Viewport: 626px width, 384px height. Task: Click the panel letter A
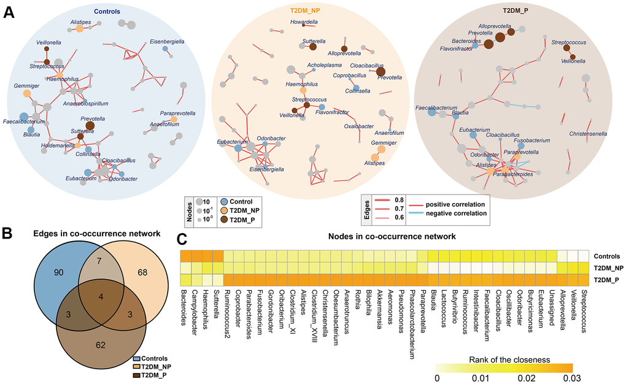[9, 11]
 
